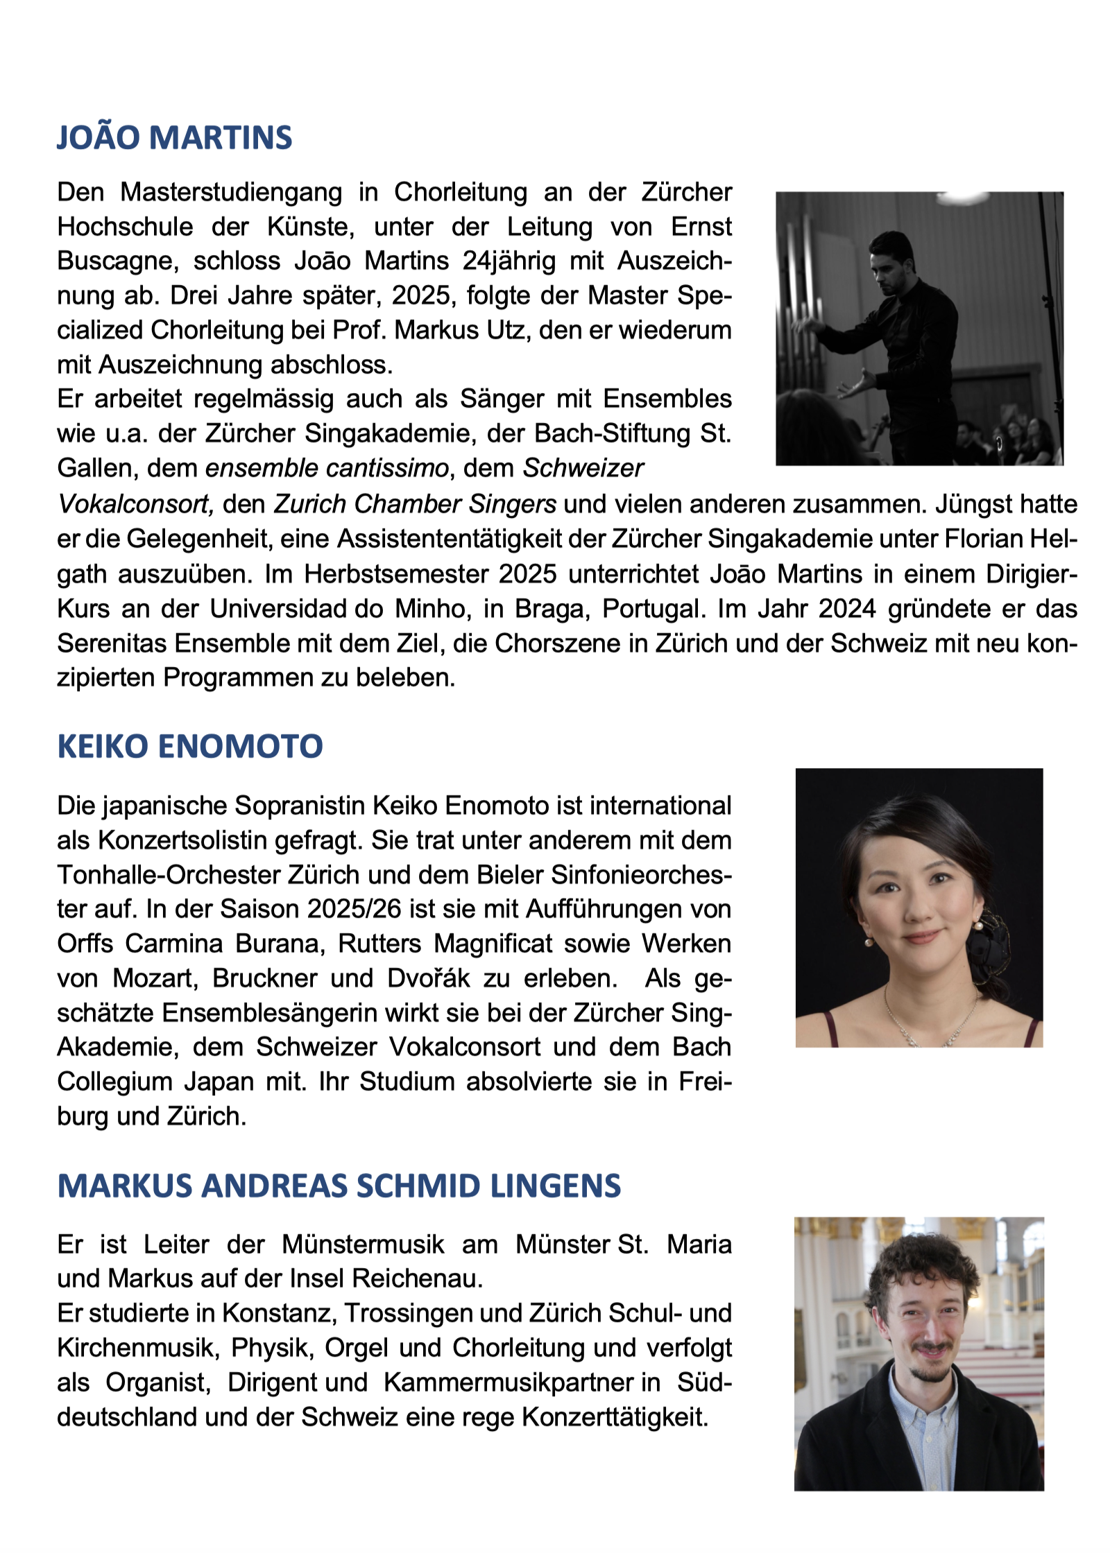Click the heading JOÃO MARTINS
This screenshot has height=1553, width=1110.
point(174,137)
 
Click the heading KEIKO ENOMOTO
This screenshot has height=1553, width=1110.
point(189,746)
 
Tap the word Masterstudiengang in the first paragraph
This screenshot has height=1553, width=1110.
point(231,192)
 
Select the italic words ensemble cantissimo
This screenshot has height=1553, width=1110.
point(327,468)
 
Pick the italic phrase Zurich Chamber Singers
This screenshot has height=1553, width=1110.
point(414,504)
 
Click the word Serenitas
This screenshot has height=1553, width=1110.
point(112,643)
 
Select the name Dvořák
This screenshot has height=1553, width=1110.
point(428,978)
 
